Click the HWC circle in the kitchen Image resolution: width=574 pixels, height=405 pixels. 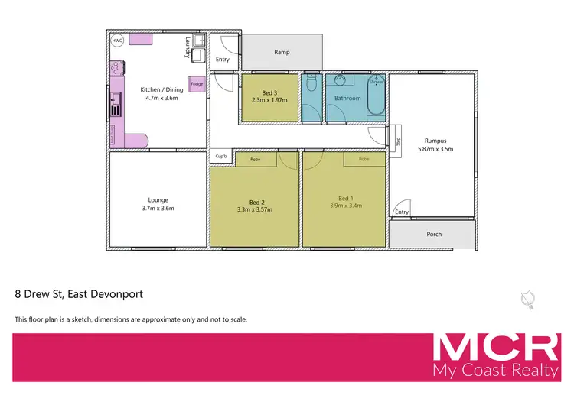pos(117,41)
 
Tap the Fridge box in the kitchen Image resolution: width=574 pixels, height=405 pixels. pos(197,84)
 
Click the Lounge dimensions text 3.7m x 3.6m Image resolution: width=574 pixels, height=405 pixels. pos(158,209)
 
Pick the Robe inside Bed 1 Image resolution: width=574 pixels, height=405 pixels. pos(364,160)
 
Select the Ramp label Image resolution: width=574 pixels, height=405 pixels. pos(281,53)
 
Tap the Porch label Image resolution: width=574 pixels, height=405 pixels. pos(434,234)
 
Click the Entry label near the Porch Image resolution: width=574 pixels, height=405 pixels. pos(402,212)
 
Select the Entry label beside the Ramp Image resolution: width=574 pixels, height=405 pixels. pos(223,59)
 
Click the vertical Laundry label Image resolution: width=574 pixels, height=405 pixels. pos(187,49)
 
